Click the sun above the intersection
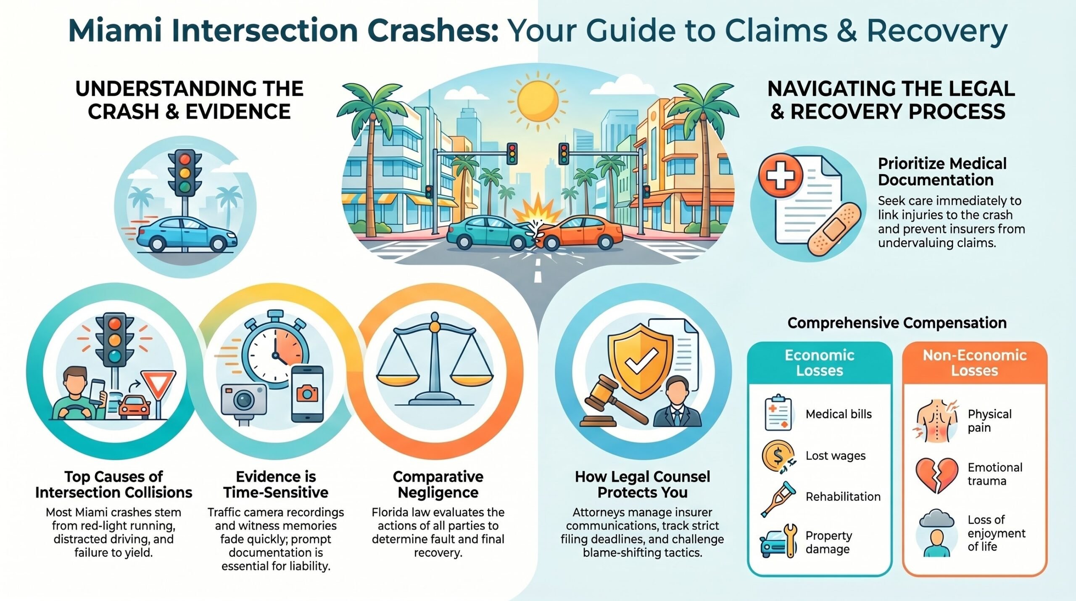[x=538, y=101]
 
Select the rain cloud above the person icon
[x=936, y=519]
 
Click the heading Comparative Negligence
[x=438, y=484]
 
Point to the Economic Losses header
[x=820, y=363]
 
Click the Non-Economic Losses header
[x=975, y=363]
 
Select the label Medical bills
[x=839, y=414]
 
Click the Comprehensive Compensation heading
[x=897, y=323]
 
